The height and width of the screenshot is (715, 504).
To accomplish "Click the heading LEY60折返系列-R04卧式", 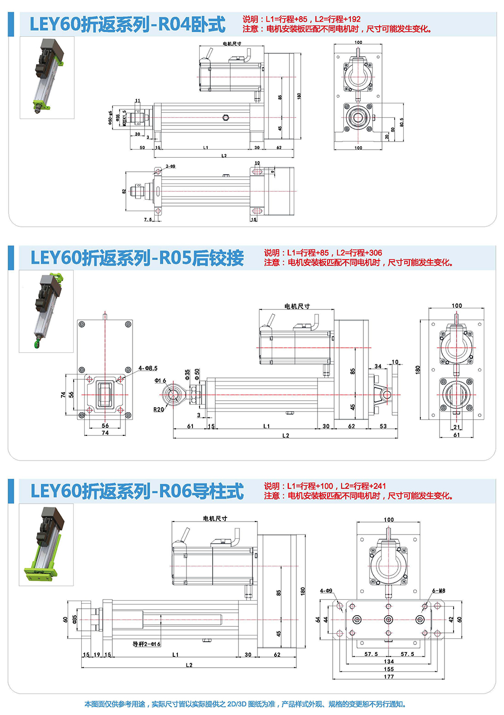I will [x=128, y=25].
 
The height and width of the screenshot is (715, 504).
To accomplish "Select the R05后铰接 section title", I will [x=137, y=258].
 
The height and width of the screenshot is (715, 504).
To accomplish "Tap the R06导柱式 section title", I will [x=137, y=491].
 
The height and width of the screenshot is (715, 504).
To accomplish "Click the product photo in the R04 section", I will [x=47, y=78].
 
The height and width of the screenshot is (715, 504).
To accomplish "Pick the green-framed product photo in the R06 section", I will [x=46, y=545].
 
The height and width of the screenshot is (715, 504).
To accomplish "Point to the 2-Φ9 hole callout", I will [x=171, y=166].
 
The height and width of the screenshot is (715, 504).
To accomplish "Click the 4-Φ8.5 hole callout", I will [x=148, y=368].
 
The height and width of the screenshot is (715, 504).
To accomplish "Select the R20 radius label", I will [x=159, y=410].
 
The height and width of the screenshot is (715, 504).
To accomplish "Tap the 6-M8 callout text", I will [x=438, y=591].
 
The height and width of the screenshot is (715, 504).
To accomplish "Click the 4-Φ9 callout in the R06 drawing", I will [x=326, y=591].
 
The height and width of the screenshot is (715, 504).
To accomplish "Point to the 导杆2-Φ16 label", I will [x=146, y=644].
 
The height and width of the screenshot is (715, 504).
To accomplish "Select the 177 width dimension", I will [x=389, y=677].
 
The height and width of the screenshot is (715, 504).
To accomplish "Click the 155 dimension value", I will [x=389, y=669].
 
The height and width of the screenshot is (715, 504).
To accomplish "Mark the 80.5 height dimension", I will [x=402, y=123].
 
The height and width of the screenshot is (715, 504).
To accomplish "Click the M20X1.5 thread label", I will [x=125, y=118].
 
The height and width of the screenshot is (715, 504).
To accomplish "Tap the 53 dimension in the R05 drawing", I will [x=383, y=426].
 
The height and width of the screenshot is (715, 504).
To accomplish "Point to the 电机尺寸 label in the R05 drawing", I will [x=297, y=306].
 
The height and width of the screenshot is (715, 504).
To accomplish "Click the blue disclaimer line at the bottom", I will [x=245, y=704].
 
